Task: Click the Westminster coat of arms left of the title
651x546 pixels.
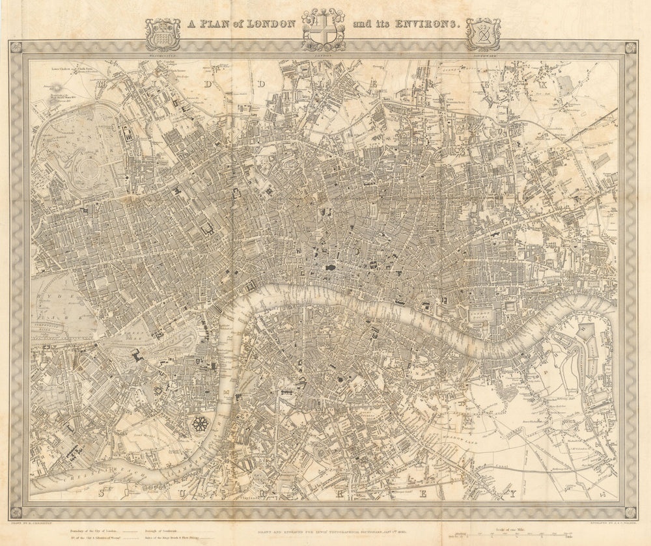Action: coord(162,34)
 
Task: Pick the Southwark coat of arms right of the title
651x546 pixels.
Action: coord(483,34)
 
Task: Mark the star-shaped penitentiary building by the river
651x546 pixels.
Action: coord(201,426)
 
